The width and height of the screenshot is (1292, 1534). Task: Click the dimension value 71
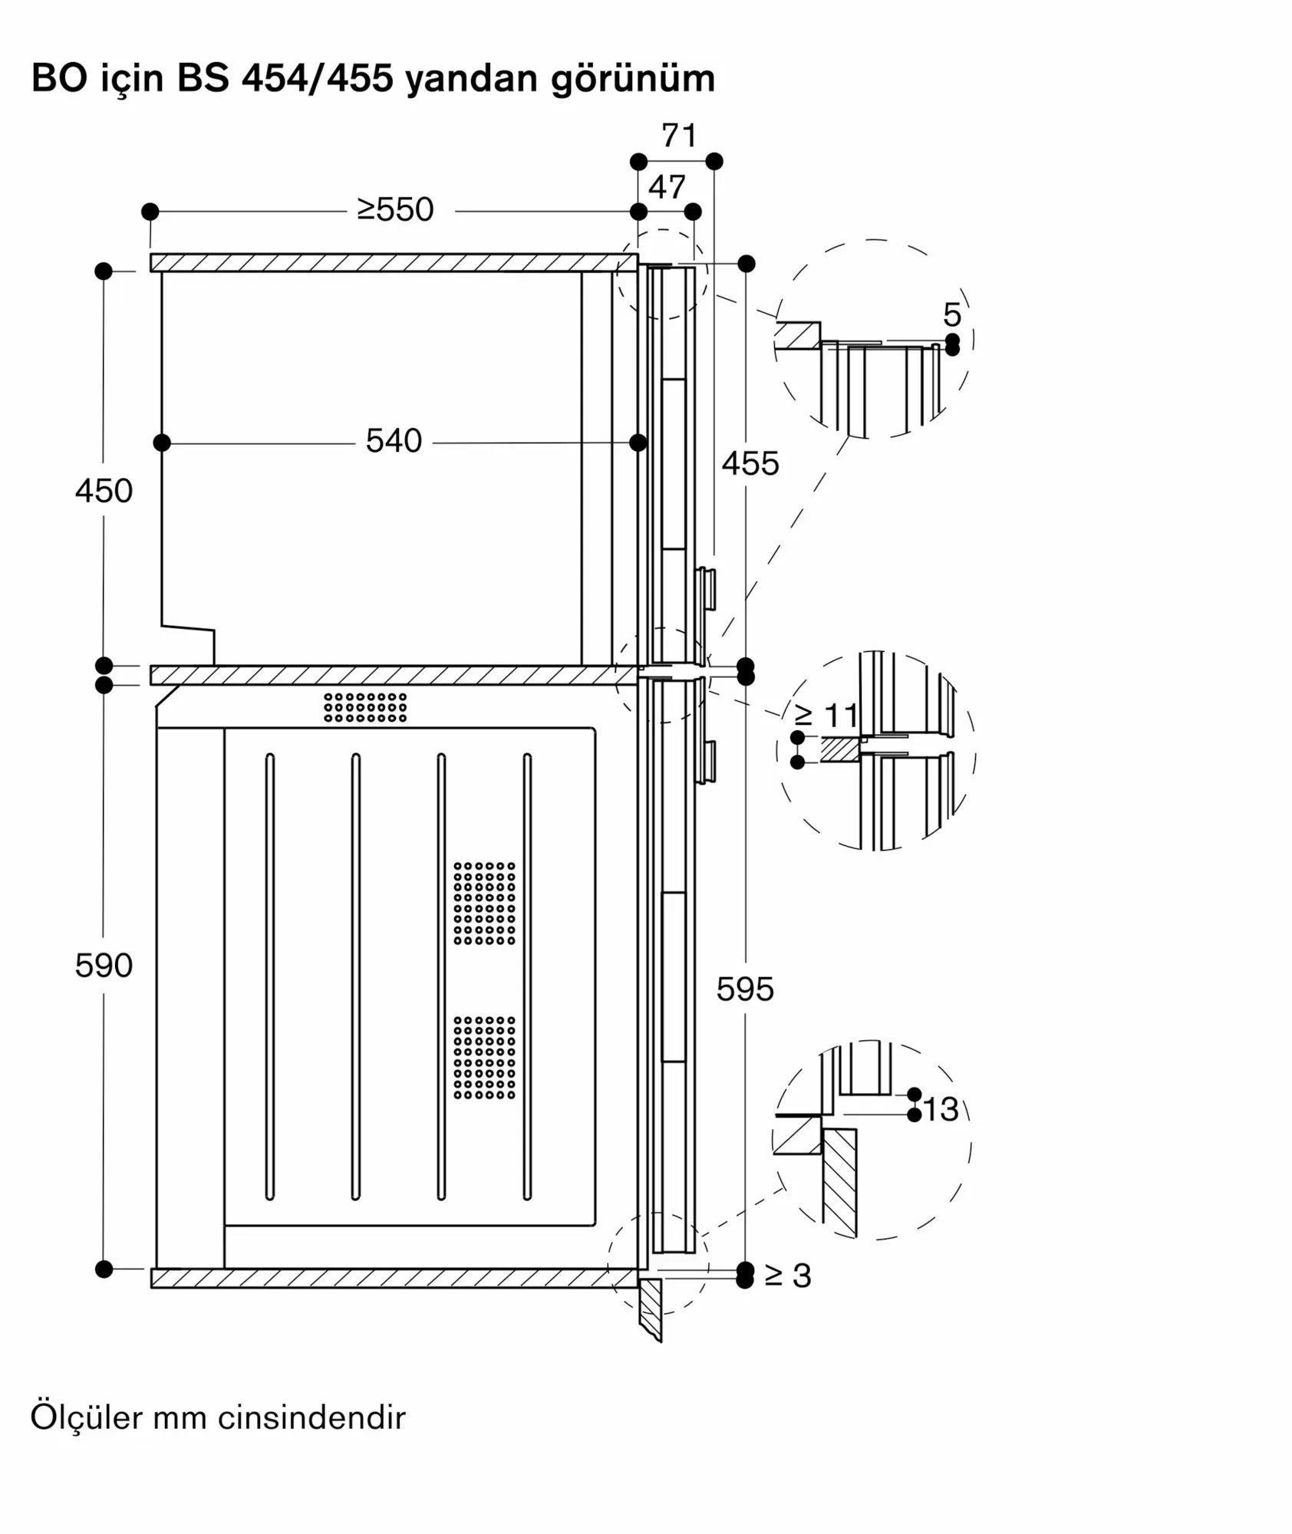[679, 136]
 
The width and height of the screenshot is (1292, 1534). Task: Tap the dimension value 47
[667, 187]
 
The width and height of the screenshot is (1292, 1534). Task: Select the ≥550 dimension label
[395, 209]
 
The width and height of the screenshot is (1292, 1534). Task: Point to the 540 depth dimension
[394, 441]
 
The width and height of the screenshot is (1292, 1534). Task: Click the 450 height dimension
[104, 491]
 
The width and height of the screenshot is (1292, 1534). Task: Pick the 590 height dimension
[104, 966]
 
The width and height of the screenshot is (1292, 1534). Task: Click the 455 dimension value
[750, 464]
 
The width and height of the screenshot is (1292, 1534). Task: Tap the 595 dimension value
[745, 989]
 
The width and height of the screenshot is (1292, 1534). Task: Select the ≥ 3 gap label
[788, 1276]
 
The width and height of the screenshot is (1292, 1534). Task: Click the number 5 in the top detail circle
[951, 314]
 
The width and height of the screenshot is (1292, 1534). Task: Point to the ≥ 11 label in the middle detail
[827, 716]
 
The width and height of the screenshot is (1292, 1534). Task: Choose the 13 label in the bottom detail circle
[941, 1109]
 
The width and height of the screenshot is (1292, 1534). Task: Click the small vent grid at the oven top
[365, 707]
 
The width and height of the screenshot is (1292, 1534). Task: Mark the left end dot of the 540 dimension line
[162, 443]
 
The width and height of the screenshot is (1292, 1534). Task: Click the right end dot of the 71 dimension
[714, 161]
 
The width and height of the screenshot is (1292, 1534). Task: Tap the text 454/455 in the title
[318, 78]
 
